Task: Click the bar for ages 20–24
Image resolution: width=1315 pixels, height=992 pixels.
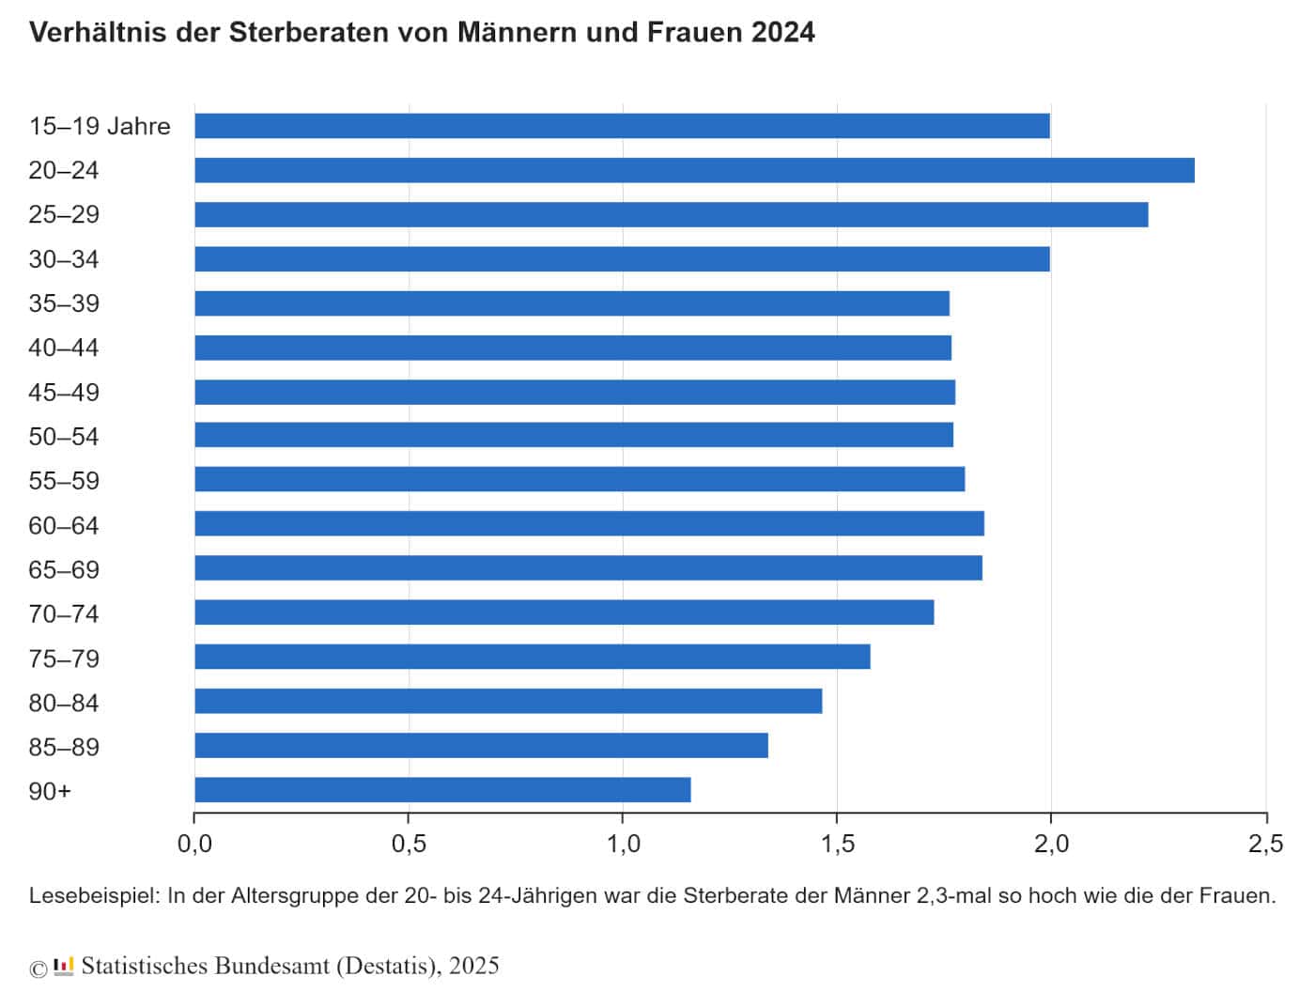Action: click(x=694, y=170)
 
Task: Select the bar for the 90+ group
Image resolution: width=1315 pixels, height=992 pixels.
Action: click(x=442, y=790)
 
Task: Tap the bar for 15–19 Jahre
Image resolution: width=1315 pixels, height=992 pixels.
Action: click(x=622, y=126)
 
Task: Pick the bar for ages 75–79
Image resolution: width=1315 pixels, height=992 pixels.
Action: click(x=532, y=657)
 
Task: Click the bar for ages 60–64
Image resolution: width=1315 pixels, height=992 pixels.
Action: click(x=589, y=523)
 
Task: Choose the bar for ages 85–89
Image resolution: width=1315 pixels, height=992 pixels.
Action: click(x=481, y=746)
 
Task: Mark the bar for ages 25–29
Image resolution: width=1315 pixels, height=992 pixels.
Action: click(x=671, y=214)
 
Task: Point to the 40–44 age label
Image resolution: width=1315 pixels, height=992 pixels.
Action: click(x=63, y=348)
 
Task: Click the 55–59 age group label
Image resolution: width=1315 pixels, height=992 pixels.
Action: click(x=63, y=481)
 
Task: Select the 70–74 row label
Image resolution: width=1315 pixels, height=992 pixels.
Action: click(x=63, y=614)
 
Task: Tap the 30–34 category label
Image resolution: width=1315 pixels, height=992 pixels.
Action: click(x=63, y=259)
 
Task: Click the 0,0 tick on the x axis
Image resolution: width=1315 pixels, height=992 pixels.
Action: click(x=194, y=844)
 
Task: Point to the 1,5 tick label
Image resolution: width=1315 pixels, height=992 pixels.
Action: click(x=837, y=844)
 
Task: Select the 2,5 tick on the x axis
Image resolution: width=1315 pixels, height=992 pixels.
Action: click(x=1265, y=844)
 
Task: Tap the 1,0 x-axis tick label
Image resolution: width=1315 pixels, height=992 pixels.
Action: click(x=623, y=844)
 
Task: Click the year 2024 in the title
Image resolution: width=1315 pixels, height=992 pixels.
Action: click(x=782, y=32)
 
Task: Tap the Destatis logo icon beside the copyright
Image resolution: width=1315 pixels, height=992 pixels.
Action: click(x=64, y=967)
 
